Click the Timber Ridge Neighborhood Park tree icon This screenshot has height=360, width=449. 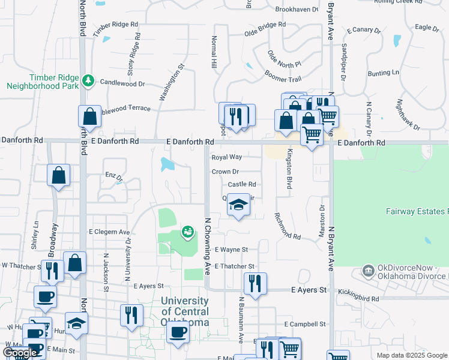[x=88, y=80]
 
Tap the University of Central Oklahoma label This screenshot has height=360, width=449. [x=185, y=311]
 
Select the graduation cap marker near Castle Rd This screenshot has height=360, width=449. [x=238, y=206]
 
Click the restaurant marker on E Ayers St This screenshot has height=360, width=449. [x=256, y=283]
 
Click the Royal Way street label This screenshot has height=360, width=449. [x=226, y=157]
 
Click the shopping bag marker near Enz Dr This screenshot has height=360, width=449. [x=59, y=175]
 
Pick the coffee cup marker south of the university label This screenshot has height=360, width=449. [x=177, y=333]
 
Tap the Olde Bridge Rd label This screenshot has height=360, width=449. [x=265, y=28]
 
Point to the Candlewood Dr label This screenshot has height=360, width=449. [x=122, y=83]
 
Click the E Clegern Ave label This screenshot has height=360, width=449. [x=109, y=232]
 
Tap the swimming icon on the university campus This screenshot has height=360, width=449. [x=188, y=232]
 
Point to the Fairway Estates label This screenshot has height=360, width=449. [x=416, y=211]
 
